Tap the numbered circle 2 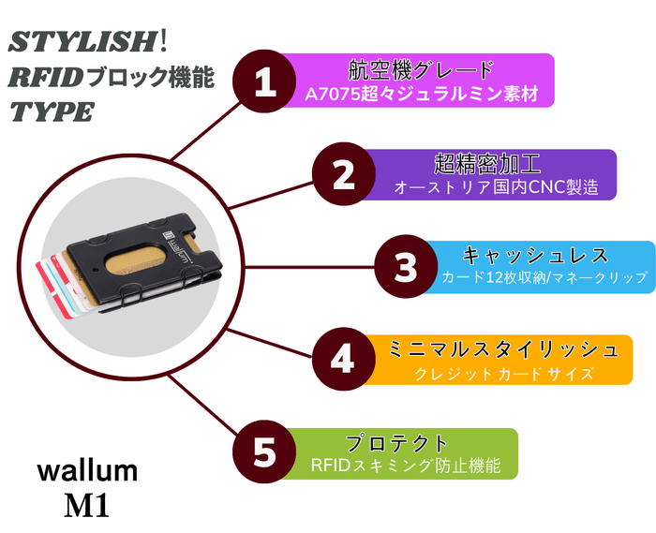click(343, 174)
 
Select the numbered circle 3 click(405, 267)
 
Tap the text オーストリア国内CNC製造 click(496, 187)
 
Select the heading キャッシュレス click(535, 255)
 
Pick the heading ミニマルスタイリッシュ click(503, 349)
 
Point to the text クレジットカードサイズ click(503, 373)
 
